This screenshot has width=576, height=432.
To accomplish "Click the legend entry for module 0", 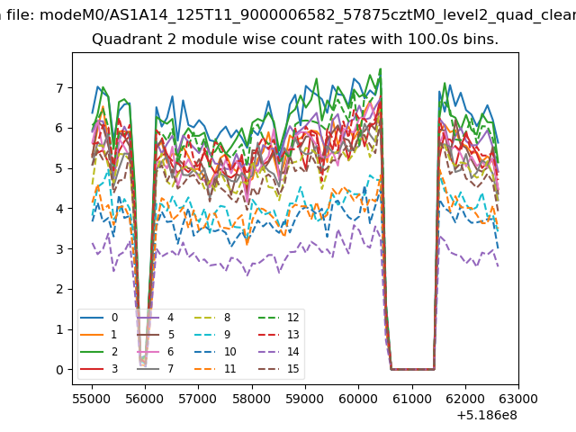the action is tap(99, 318).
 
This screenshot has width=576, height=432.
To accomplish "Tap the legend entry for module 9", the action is tap(212, 335).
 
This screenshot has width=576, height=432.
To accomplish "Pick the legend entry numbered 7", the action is tap(156, 368).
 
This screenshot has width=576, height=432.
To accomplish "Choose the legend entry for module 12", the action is tap(279, 318).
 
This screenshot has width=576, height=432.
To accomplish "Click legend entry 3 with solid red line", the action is tap(99, 368).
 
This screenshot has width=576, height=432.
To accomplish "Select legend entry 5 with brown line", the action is tap(156, 335).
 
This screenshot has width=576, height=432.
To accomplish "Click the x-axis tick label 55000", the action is tap(92, 399).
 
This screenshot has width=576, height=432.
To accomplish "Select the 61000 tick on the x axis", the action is tap(412, 399).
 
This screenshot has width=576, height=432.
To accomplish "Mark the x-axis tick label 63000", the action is tap(518, 399).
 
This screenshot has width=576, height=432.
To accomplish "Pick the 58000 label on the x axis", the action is tap(252, 399).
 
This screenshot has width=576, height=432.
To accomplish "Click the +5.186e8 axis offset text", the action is tap(487, 416).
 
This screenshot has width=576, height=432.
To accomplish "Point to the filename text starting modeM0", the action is tap(308, 15).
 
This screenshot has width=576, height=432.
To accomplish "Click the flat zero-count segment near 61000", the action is tap(413, 369).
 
